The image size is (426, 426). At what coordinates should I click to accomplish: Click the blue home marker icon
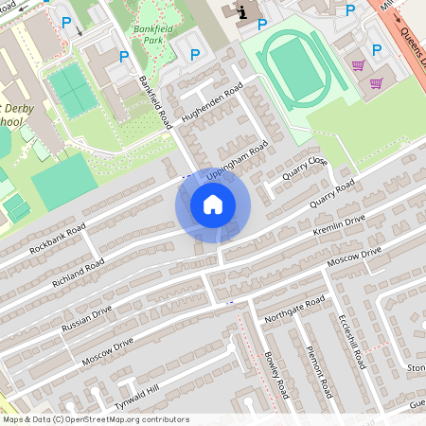pos(213,204)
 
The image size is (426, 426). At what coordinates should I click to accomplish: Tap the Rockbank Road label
pos(58,239)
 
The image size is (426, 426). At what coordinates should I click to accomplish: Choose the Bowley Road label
pos(275,374)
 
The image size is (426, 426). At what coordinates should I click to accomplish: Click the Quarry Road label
pos(332,193)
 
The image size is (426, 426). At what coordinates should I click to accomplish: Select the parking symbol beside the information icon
pos(262,24)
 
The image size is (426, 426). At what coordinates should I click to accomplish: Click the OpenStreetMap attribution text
pos(97,419)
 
